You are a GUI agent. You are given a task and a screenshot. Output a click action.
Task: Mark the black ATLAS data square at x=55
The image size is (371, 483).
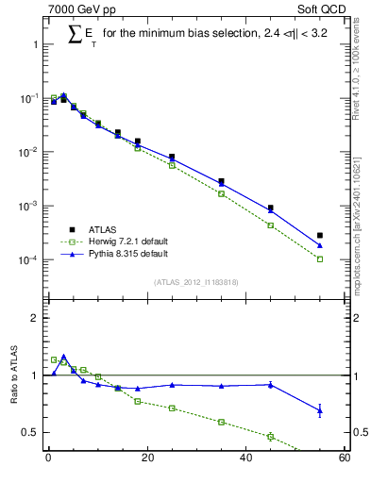[320, 236]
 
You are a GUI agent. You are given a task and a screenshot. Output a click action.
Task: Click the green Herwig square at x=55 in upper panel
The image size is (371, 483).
[320, 258]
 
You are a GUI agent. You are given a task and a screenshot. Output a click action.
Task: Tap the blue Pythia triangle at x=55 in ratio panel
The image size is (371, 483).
[320, 409]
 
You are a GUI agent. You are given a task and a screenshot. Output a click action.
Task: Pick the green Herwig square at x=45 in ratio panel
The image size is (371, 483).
[270, 436]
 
